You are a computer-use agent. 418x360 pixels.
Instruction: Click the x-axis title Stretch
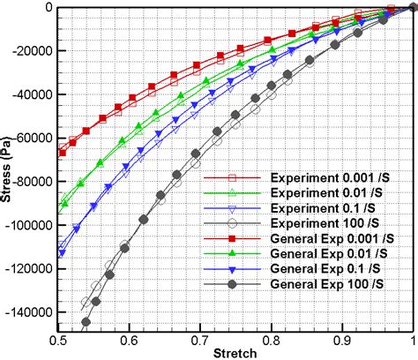236,352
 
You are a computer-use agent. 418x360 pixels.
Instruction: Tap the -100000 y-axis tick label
27,224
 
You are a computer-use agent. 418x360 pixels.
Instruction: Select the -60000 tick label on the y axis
30,138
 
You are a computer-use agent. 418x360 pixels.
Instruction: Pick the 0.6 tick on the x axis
130,337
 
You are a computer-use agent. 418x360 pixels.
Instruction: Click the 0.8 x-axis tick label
272,337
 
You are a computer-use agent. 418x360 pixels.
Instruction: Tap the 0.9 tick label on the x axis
342,337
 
